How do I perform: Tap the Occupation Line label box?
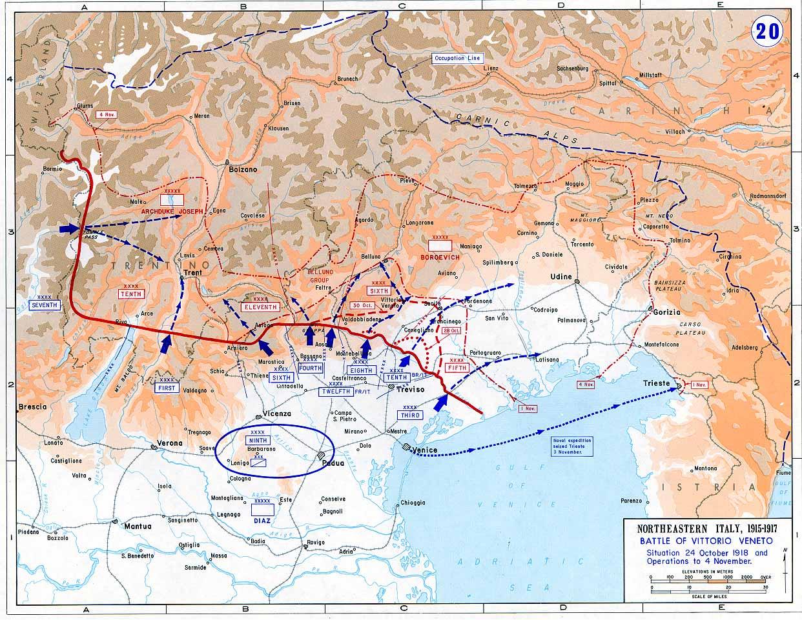pos(457,58)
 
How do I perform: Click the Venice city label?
pos(426,450)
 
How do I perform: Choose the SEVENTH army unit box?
pos(45,305)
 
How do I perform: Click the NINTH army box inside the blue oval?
pos(257,441)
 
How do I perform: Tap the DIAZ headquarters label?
pos(262,520)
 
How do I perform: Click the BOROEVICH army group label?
pos(441,257)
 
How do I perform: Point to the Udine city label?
pos(561,277)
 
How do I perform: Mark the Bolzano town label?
pos(243,170)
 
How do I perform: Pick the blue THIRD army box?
pos(410,415)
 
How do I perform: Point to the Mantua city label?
pos(138,526)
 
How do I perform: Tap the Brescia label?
pos(32,407)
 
